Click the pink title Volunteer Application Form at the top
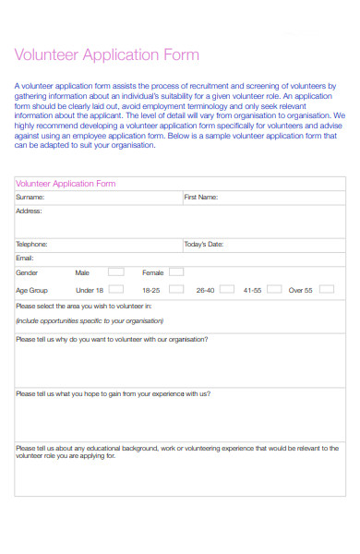pyautogui.click(x=107, y=55)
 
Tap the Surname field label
pyautogui.click(x=30, y=197)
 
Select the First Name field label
pyautogui.click(x=200, y=197)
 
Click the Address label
pyautogui.click(x=30, y=211)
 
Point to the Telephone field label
pyautogui.click(x=32, y=244)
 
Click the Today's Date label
pyautogui.click(x=204, y=244)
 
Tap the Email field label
pyautogui.click(x=25, y=258)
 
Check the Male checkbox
pyautogui.click(x=115, y=272)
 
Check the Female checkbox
pyautogui.click(x=175, y=272)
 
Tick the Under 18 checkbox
pyautogui.click(x=115, y=289)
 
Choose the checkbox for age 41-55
pyautogui.click(x=274, y=289)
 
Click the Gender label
pyautogui.click(x=27, y=273)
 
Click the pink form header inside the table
pyautogui.click(x=66, y=184)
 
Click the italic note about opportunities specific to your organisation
pyautogui.click(x=90, y=321)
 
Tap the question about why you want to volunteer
pyautogui.click(x=112, y=339)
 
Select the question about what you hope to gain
pyautogui.click(x=113, y=393)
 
